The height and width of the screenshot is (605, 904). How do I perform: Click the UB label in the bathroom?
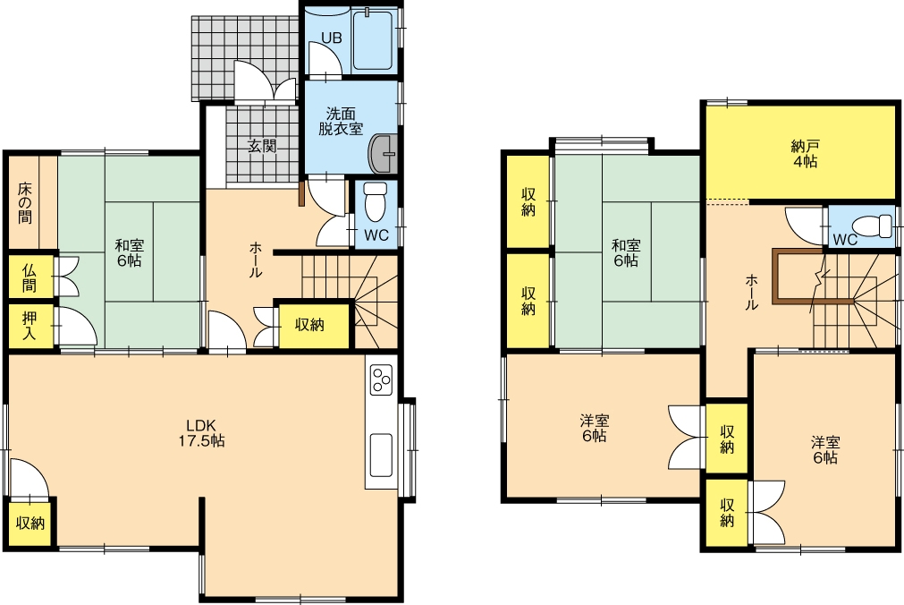332,38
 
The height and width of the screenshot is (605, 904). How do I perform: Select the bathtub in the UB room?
373,39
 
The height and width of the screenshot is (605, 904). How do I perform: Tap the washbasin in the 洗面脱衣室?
382,154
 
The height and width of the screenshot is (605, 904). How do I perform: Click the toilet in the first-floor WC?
376,202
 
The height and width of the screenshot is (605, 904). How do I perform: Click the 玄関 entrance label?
262,146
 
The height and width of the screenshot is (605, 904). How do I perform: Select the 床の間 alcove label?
24,203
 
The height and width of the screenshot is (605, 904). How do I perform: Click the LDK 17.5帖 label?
201,433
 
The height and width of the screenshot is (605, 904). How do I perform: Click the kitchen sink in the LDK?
381,455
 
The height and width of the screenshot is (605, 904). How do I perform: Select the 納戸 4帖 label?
804,154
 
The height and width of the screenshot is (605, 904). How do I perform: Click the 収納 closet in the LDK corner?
30,523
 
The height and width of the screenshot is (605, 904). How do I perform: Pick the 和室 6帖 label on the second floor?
626,253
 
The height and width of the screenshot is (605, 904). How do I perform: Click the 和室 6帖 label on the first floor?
129,253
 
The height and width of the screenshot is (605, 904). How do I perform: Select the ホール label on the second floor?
752,293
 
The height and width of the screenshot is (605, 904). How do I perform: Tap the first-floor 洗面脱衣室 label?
341,121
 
